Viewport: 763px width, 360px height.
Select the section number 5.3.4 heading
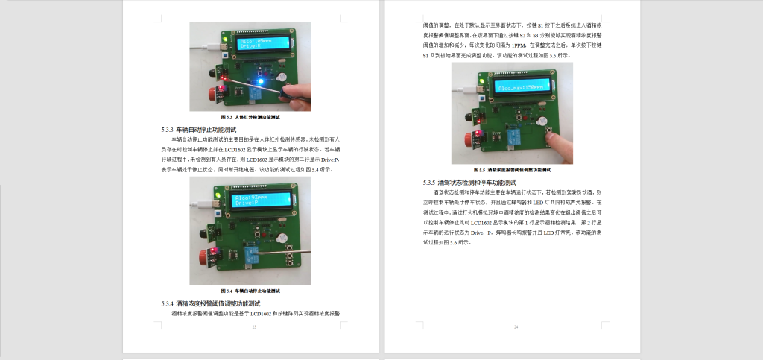coord(210,303)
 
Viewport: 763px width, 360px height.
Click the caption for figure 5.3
coord(250,117)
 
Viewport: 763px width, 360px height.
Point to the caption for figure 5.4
coord(250,290)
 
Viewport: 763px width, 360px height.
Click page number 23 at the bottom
coord(254,327)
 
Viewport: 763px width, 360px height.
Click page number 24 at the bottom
coord(516,327)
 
